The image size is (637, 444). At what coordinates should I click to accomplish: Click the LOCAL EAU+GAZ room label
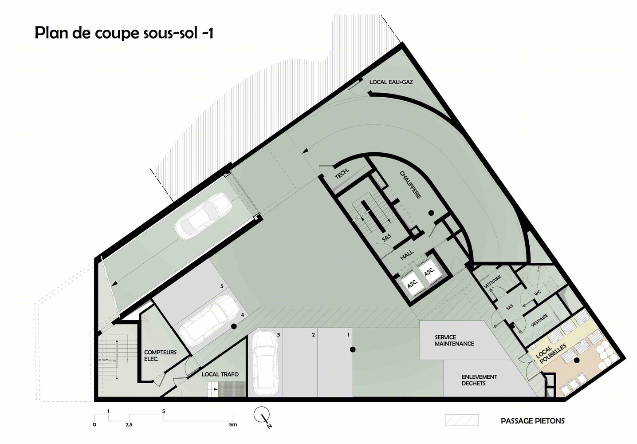click(391, 82)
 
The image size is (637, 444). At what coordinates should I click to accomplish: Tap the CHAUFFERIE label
click(411, 185)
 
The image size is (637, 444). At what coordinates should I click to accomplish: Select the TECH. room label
click(342, 174)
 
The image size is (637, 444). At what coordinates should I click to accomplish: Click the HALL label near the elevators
click(407, 255)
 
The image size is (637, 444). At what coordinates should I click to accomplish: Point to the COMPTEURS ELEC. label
click(160, 356)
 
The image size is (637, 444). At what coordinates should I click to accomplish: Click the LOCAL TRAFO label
click(220, 374)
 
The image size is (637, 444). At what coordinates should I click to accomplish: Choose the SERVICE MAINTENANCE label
click(454, 341)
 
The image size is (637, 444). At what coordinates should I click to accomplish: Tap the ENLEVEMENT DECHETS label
click(480, 380)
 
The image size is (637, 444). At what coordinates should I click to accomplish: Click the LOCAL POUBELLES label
click(550, 353)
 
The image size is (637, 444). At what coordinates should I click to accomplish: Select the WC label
click(537, 293)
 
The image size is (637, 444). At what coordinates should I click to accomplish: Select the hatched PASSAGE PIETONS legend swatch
click(462, 420)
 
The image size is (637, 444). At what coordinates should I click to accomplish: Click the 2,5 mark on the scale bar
click(129, 425)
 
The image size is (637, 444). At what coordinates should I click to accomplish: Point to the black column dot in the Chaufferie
click(431, 213)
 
